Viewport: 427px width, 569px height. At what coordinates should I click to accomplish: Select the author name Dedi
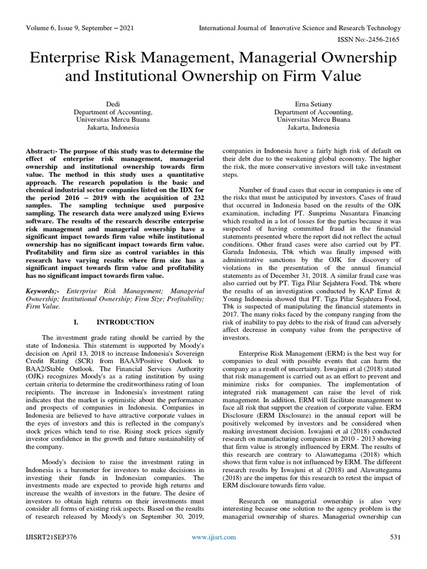pyautogui.click(x=113, y=104)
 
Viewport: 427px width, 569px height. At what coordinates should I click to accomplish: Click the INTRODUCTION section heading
pyautogui.click(x=125, y=322)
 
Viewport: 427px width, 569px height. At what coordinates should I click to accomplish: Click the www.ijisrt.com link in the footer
pyautogui.click(x=213, y=537)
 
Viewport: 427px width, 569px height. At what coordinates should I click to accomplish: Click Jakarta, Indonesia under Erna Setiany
pyautogui.click(x=313, y=127)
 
